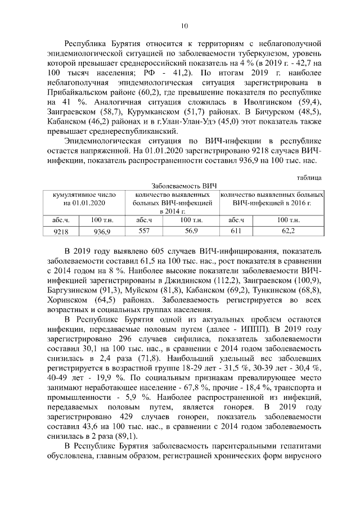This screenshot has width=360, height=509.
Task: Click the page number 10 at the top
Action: click(x=184, y=25)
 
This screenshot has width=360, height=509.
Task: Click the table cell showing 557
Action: click(x=144, y=231)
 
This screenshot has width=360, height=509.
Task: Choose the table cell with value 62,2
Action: click(x=288, y=231)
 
